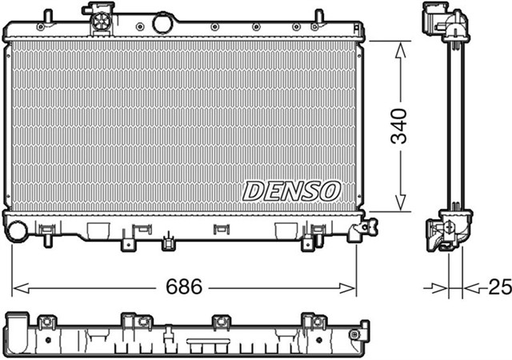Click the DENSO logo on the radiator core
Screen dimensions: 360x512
tap(291, 190)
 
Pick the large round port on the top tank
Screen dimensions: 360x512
tap(162, 23)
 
